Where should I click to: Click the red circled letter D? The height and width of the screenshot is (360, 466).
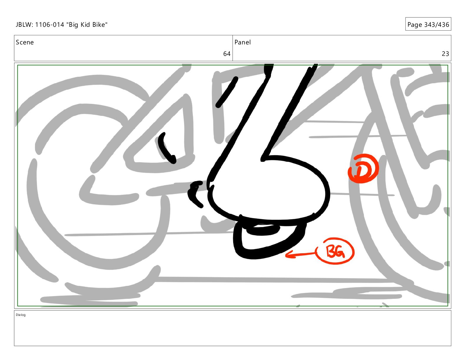[363, 169]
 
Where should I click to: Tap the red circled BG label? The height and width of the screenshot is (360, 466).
[335, 251]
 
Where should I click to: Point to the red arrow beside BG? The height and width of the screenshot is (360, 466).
[301, 254]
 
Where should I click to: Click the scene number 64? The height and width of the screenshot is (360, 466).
[227, 54]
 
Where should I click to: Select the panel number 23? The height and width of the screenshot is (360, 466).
[445, 54]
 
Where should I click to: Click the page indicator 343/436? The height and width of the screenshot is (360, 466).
[437, 25]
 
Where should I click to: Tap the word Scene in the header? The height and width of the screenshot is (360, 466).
[25, 42]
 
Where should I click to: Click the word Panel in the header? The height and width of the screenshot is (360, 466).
[242, 42]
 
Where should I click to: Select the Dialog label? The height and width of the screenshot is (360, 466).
[21, 315]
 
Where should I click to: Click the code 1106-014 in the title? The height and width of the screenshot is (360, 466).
[49, 25]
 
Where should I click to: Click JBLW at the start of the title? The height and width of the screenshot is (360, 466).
[24, 25]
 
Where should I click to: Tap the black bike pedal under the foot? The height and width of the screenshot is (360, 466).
[269, 240]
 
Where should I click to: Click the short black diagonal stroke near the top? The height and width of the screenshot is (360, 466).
[227, 92]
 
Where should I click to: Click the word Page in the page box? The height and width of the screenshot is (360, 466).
[415, 25]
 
